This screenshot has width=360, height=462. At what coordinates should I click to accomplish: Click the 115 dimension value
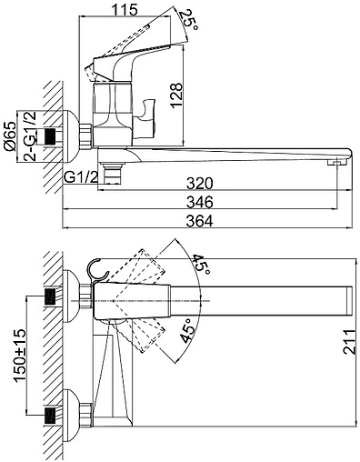125,9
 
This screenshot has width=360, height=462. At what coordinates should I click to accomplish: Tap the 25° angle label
189,20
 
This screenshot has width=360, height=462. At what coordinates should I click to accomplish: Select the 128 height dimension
176,95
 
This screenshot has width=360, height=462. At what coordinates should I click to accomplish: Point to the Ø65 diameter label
10,136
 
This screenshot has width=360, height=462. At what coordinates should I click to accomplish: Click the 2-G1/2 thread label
30,136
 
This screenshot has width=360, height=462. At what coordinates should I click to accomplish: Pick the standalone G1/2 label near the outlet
81,177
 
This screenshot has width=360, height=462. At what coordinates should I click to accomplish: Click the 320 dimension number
200,184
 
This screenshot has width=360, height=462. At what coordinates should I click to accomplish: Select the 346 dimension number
200,202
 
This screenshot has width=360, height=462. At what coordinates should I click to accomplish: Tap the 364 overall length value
200,221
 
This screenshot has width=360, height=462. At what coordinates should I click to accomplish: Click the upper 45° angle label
201,264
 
